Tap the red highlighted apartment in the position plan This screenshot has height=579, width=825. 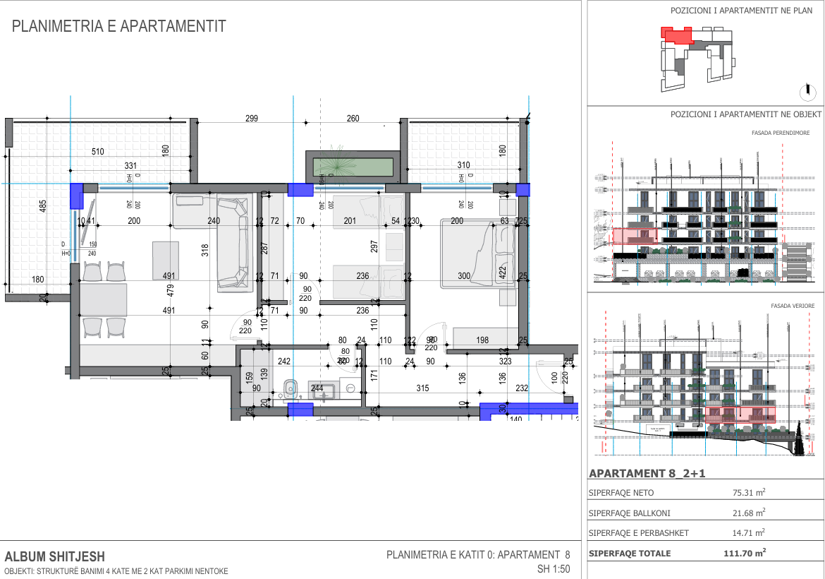[676, 35]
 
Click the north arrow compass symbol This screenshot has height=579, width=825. [805, 91]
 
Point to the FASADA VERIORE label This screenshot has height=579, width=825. [793, 306]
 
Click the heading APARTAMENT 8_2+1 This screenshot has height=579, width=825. [647, 474]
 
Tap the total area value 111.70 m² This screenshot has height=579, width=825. [745, 554]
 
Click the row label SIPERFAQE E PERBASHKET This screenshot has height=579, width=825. [638, 532]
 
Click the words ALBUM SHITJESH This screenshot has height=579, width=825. [54, 556]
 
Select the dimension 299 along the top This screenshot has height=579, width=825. [252, 119]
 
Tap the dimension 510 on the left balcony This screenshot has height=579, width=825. [98, 152]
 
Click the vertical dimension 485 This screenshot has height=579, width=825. [43, 206]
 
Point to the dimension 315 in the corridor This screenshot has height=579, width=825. [422, 388]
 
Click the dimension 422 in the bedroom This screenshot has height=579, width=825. [502, 273]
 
